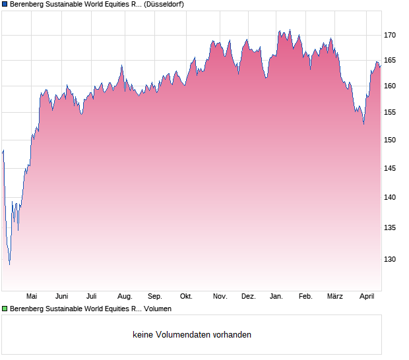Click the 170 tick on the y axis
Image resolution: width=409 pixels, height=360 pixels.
pyautogui.click(x=390, y=35)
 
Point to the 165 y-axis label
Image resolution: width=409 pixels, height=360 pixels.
pyautogui.click(x=390, y=60)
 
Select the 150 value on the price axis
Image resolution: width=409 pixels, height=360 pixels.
pyautogui.click(x=390, y=140)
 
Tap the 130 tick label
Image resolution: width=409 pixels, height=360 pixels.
pyautogui.click(x=390, y=259)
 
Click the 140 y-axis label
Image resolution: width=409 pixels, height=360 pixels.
pyautogui.click(x=390, y=197)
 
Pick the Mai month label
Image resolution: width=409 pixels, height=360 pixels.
pyautogui.click(x=31, y=296)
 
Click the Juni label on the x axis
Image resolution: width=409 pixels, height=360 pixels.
pyautogui.click(x=61, y=296)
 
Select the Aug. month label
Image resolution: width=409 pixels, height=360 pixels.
pyautogui.click(x=125, y=296)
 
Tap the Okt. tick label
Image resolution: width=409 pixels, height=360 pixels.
pyautogui.click(x=186, y=296)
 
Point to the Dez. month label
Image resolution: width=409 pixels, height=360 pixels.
pyautogui.click(x=248, y=296)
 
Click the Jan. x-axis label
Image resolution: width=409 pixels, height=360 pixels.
pyautogui.click(x=277, y=296)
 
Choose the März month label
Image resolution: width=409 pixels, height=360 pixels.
pyautogui.click(x=335, y=296)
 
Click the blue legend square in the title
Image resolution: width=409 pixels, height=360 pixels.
pyautogui.click(x=5, y=4)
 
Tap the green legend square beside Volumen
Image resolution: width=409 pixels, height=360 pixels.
pyautogui.click(x=5, y=308)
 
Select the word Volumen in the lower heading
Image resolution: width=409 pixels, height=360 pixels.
pyautogui.click(x=158, y=308)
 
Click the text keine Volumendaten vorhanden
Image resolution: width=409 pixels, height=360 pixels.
pyautogui.click(x=192, y=335)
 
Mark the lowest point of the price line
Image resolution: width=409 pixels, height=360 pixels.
pyautogui.click(x=9, y=264)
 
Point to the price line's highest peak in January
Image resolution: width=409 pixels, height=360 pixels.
pyautogui.click(x=289, y=30)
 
